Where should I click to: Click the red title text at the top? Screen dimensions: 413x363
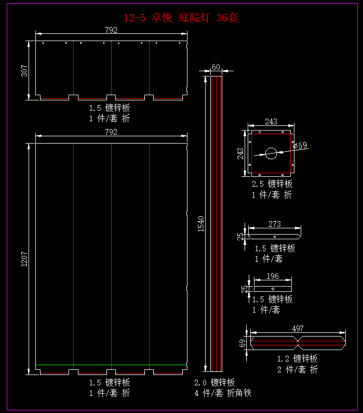181,18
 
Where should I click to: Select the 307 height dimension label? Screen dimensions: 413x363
24,71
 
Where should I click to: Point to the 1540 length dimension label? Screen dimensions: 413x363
201,224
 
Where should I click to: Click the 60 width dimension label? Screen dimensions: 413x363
216,67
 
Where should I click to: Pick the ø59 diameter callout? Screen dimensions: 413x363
300,146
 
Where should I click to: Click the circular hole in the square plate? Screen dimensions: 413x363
271,153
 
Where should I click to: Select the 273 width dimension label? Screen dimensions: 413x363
275,224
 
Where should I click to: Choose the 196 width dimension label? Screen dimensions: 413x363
273,276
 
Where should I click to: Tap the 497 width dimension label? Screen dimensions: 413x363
298,329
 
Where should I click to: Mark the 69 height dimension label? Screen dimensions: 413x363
242,343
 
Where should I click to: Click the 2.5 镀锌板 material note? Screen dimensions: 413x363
272,184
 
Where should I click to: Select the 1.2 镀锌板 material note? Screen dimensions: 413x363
297,358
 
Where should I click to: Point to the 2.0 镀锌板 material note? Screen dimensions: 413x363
214,382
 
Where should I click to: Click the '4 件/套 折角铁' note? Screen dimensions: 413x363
223,393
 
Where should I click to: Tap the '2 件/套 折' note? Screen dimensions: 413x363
297,369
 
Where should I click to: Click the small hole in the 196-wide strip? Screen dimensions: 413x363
273,289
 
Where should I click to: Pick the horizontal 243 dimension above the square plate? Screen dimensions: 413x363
271,122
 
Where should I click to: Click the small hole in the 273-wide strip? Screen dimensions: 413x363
275,237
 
